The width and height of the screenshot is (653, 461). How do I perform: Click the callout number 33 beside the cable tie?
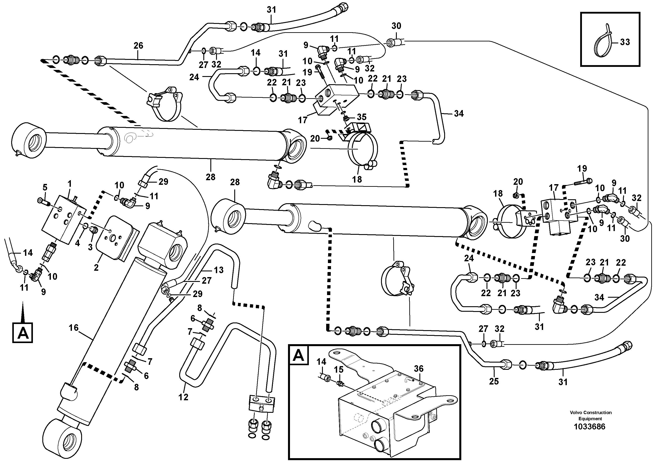[625, 42]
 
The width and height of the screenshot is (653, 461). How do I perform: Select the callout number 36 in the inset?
[419, 369]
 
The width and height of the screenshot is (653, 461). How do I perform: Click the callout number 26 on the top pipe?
[138, 45]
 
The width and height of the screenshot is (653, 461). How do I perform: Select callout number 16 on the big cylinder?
[73, 328]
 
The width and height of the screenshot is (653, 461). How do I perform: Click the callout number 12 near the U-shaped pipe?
[183, 397]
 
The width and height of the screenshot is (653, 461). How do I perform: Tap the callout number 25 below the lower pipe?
[494, 381]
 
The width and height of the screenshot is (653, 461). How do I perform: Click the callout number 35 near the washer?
[361, 117]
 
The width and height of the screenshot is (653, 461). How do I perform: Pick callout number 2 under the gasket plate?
[96, 267]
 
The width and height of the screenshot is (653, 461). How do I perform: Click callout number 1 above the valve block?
[70, 184]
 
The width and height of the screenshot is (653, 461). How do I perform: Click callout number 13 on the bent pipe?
[218, 270]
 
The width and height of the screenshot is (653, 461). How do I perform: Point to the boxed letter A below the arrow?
[23, 333]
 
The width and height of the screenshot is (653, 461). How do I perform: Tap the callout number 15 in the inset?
[338, 370]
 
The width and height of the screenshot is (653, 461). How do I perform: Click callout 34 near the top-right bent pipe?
[458, 113]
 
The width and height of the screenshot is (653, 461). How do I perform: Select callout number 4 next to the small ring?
[77, 243]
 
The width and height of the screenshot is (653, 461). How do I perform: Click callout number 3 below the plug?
[90, 247]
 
